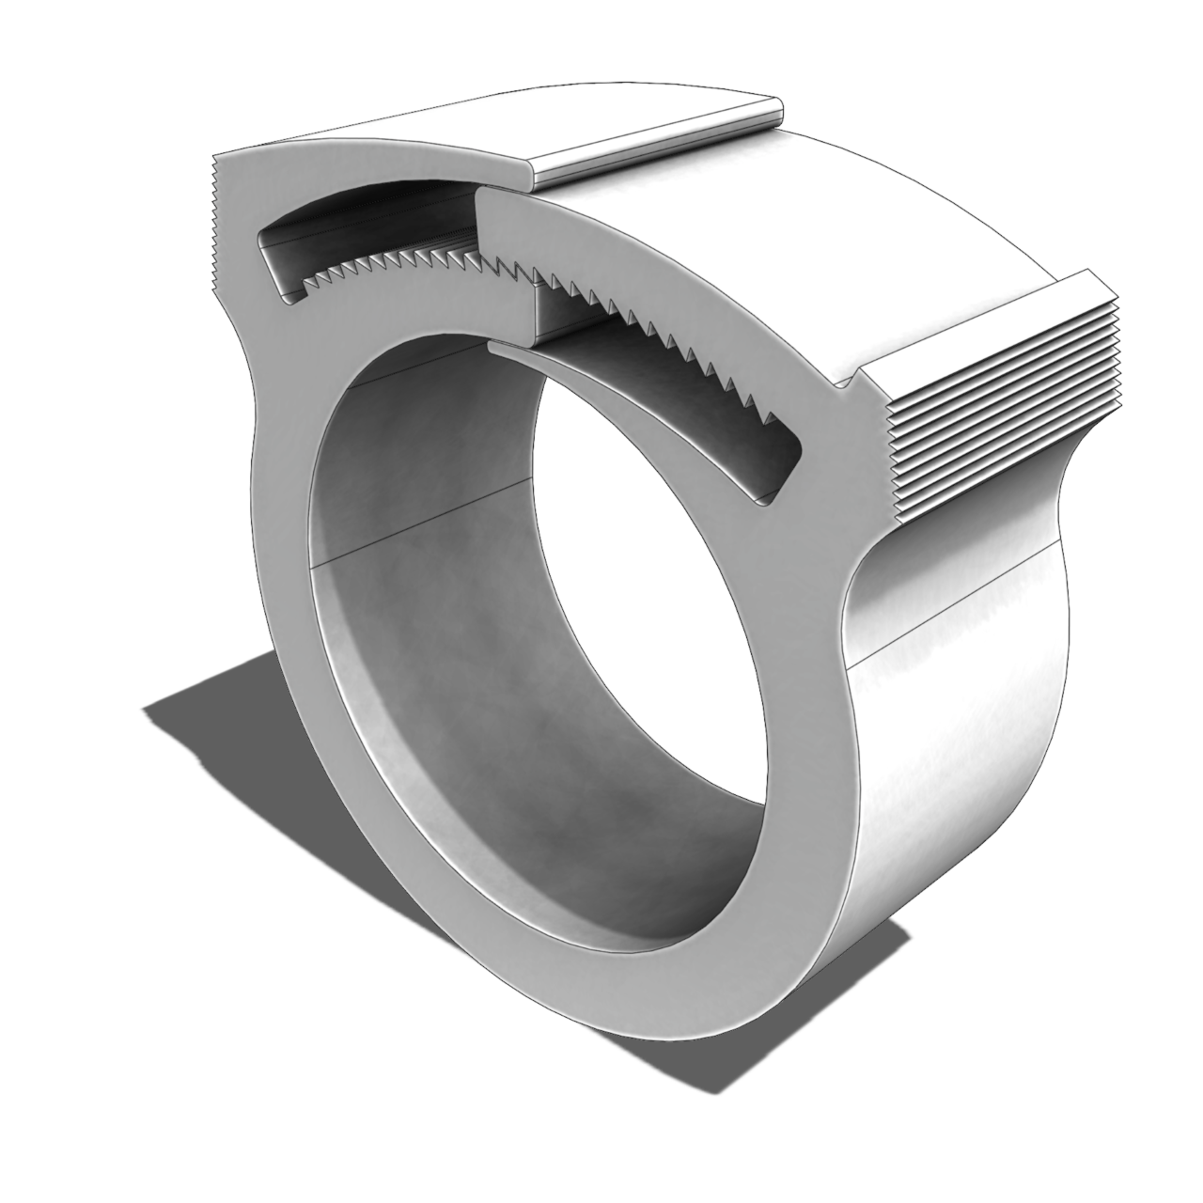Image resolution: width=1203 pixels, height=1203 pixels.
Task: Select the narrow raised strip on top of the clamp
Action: pyautogui.click(x=658, y=141)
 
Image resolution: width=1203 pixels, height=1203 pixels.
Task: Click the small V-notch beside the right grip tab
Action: pyautogui.click(x=851, y=381)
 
